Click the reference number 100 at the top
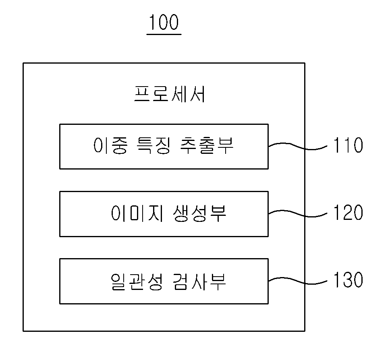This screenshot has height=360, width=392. tap(164, 22)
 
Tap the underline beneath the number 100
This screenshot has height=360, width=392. tap(164, 34)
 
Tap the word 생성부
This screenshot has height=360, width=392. tap(199, 213)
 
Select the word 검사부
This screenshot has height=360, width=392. tap(199, 281)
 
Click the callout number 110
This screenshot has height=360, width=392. tap(348, 145)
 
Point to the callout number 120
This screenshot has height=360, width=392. tap(348, 212)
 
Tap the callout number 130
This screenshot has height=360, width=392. tap(348, 279)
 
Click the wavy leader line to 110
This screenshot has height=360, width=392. tap(297, 147)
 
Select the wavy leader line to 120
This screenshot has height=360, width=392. tap(297, 214)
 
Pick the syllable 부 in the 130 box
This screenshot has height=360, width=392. tap(218, 281)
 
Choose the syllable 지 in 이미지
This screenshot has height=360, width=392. tap(156, 213)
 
